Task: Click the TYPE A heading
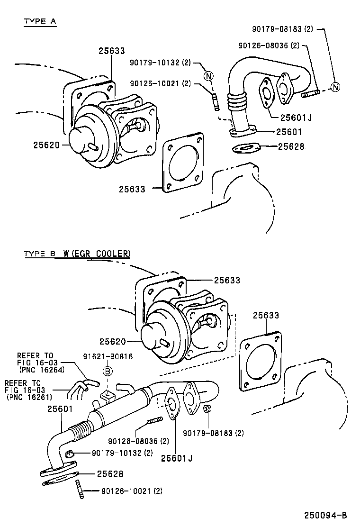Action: pos(40,21)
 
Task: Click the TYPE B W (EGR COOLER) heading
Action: pos(77,254)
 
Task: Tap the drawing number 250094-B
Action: pos(326,515)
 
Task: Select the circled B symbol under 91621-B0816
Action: pos(108,372)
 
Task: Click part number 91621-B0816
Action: pos(108,356)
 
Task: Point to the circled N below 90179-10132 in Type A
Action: pos(209,76)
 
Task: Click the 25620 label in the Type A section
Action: pos(46,145)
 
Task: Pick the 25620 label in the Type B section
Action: pos(113,342)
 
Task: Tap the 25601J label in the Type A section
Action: pos(296,118)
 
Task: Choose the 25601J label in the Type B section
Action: pos(177,458)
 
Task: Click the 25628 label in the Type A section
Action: pos(291,146)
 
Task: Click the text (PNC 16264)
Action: pos(42,370)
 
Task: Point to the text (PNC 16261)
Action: pos(29,397)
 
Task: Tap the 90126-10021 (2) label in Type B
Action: pos(132,491)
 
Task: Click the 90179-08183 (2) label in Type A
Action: pos(282,29)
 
